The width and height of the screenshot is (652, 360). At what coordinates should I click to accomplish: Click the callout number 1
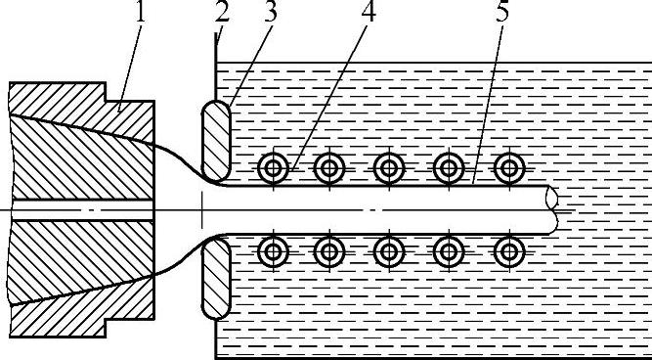pos(140,12)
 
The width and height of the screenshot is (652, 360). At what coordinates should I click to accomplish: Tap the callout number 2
pos(223,12)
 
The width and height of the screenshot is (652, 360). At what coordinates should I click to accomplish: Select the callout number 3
pos(271,12)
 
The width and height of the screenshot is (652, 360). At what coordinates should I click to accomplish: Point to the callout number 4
pos(369,12)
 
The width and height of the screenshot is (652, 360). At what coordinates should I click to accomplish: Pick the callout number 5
pos(502,12)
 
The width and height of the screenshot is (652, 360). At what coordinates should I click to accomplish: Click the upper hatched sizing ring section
pos(216,141)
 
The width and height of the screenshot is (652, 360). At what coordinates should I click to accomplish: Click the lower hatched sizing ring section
pos(216,278)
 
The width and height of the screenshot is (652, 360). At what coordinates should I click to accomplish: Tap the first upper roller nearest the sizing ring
pos(273,168)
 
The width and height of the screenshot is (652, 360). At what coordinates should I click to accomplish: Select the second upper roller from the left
pos(329,168)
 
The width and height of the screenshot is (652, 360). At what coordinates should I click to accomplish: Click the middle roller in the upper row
pos(389,168)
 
